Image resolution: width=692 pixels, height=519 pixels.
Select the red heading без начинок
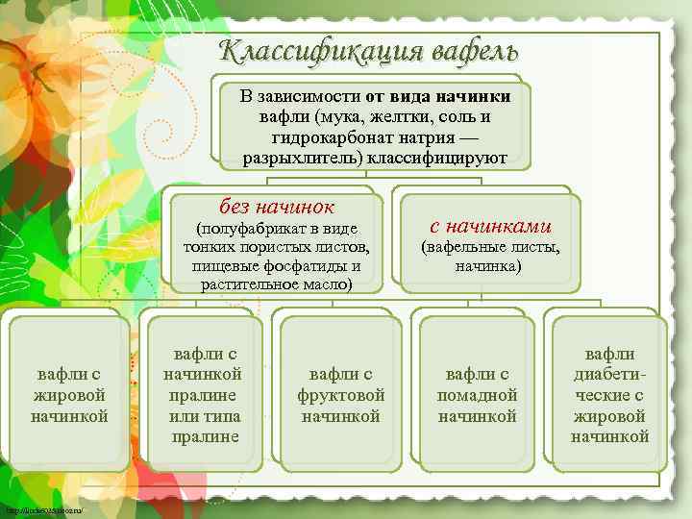[276, 206]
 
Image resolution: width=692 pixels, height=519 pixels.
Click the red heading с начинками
[489, 225]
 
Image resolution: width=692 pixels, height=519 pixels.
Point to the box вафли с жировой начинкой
[69, 394]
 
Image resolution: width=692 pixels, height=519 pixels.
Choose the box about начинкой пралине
[203, 394]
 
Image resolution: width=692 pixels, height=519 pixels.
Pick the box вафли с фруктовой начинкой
[341, 394]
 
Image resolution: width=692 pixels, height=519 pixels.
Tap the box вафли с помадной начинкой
[477, 394]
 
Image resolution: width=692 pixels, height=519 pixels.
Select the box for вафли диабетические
[609, 394]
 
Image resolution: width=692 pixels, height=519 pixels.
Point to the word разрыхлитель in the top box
[287, 158]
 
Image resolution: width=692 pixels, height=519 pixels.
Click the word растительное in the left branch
[248, 284]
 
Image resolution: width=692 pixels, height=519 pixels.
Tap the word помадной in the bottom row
[478, 395]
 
